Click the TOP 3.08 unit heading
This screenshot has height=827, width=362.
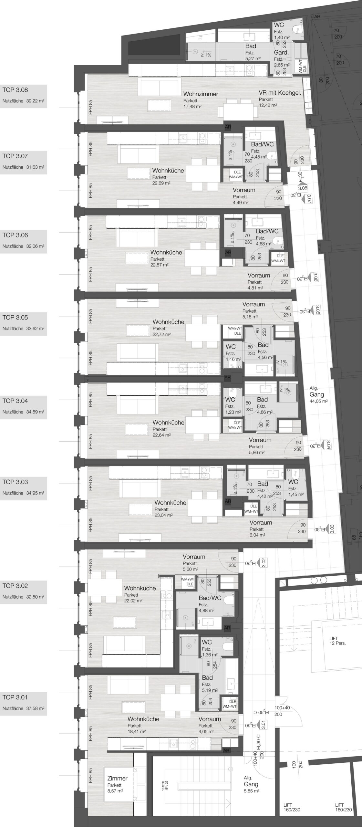coord(15,90)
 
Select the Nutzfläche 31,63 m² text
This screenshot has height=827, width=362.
coord(23,167)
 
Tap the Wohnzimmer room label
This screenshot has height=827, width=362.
coord(201,94)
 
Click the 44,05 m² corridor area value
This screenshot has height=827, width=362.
coord(318,401)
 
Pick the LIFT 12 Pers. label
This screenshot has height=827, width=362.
coord(337,641)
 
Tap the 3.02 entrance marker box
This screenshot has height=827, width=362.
coord(264,562)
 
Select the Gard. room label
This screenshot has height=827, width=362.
coord(281,52)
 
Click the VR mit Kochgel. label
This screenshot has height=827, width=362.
coord(280,93)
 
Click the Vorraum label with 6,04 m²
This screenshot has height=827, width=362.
coord(261,522)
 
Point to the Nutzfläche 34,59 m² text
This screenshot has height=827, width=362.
coord(23,412)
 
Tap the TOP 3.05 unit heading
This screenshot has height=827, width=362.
coord(15,317)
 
